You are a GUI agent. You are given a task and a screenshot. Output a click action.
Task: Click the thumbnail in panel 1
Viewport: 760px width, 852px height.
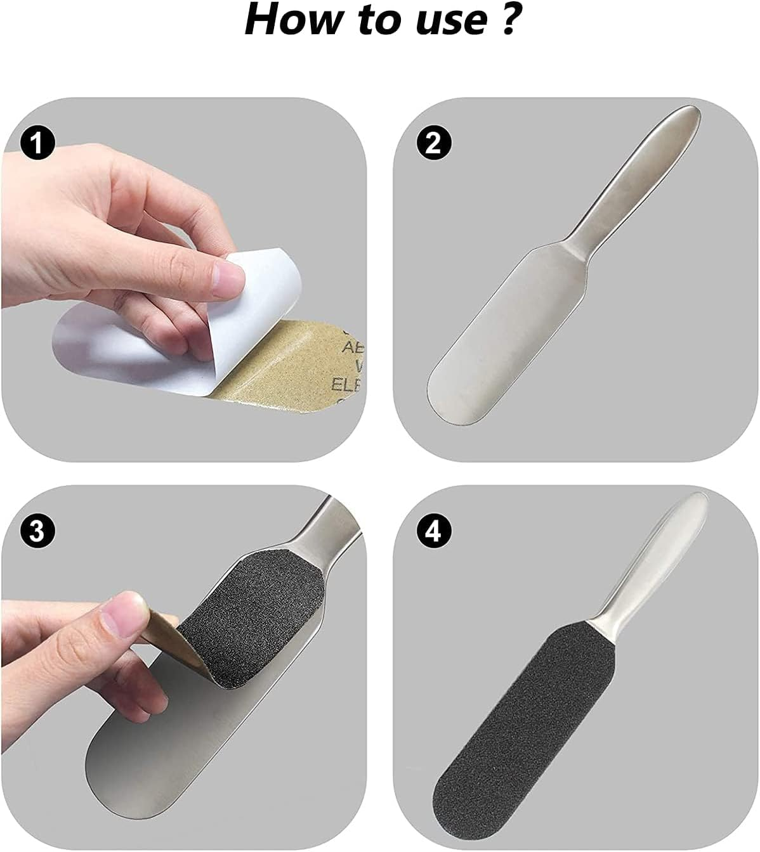pos(228,276)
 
